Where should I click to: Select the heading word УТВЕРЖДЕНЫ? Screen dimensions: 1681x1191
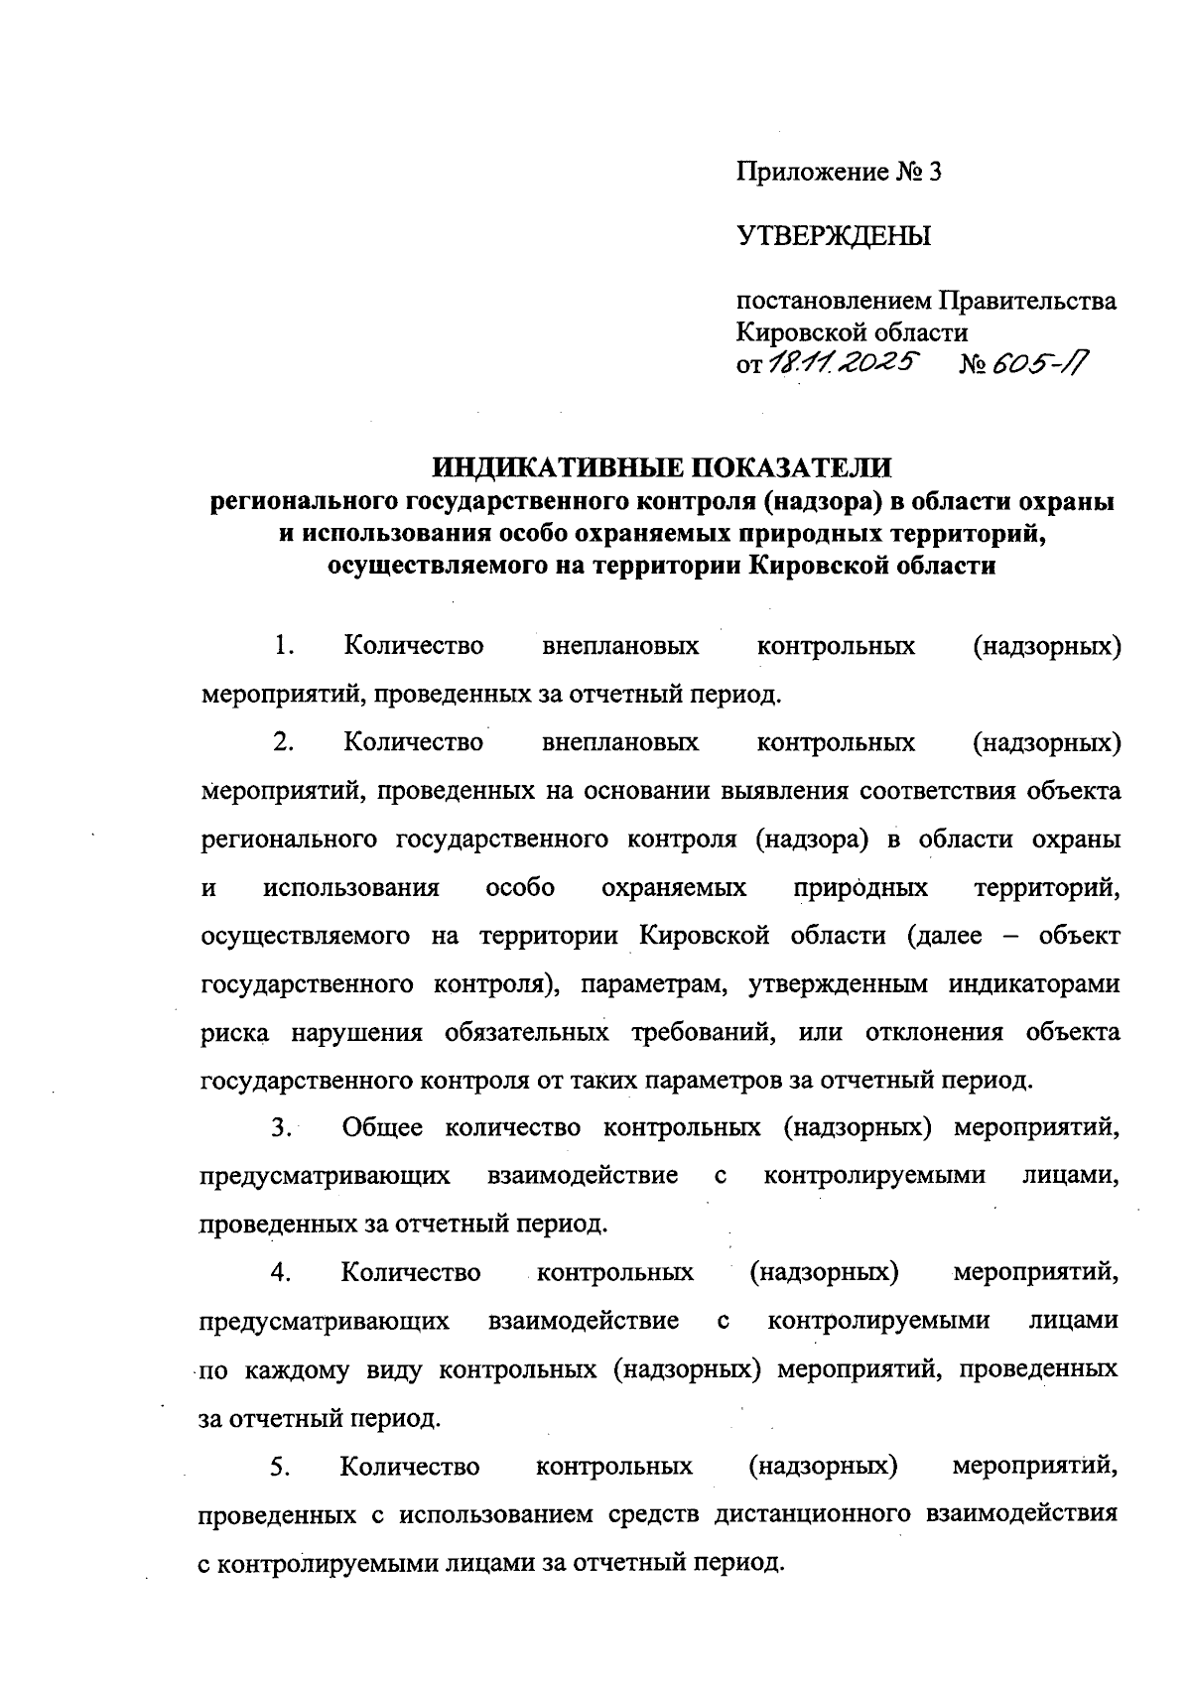(834, 237)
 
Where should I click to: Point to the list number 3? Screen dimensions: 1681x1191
(281, 1128)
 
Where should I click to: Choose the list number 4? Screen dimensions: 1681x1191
(281, 1272)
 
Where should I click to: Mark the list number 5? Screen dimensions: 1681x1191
(280, 1467)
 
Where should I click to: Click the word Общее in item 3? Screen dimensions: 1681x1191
(382, 1128)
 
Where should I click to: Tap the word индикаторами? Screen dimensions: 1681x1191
(1034, 984)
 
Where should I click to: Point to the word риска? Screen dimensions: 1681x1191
(234, 1033)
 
